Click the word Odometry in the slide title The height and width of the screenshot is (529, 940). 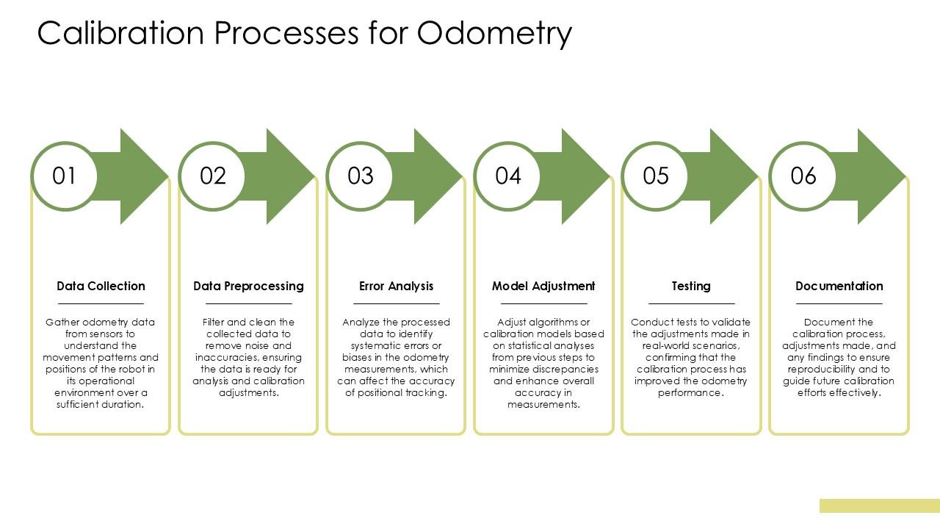(x=494, y=34)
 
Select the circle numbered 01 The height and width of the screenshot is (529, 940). (x=65, y=176)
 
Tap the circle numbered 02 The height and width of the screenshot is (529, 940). (x=213, y=176)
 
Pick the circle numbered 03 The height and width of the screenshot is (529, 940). (x=361, y=176)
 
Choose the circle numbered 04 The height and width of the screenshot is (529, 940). (x=508, y=176)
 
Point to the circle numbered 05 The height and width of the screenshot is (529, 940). (x=656, y=176)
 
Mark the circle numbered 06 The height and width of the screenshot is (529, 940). (x=803, y=176)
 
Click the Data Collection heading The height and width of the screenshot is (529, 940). (x=101, y=286)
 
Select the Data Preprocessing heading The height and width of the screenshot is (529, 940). (x=248, y=286)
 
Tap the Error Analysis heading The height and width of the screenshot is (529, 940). (x=396, y=286)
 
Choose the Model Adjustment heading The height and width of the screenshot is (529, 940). (x=543, y=286)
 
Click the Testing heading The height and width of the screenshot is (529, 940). (x=691, y=286)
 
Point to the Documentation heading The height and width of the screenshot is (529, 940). (x=839, y=286)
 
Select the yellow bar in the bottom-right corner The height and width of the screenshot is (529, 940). (x=879, y=505)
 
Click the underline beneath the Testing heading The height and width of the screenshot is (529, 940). (x=691, y=303)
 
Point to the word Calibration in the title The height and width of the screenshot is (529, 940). (x=116, y=34)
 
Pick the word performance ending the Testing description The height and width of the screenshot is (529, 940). (x=690, y=393)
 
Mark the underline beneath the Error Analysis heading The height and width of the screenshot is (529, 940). (x=396, y=303)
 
